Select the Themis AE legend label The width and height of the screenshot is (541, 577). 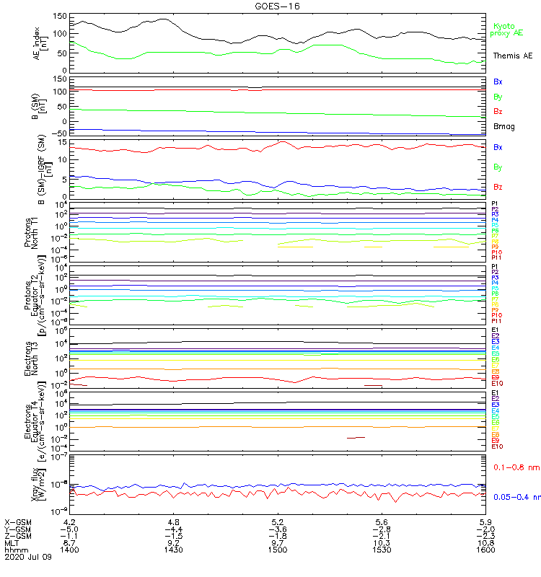(513, 56)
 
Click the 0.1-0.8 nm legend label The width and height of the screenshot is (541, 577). (513, 468)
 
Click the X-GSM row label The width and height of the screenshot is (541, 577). (17, 521)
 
